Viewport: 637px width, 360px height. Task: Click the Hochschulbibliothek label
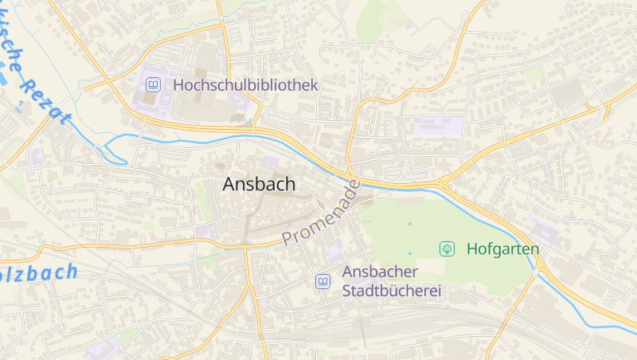click(x=245, y=84)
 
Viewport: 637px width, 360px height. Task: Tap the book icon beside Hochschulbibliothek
click(x=152, y=84)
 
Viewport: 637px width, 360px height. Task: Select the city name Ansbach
click(x=259, y=184)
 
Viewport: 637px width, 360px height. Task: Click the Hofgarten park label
click(x=502, y=248)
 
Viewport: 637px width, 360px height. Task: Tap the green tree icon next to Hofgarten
click(x=447, y=248)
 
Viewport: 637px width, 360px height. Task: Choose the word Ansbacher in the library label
click(x=381, y=272)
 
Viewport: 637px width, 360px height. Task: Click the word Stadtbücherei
click(x=391, y=291)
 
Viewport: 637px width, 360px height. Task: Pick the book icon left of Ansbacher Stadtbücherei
click(x=322, y=281)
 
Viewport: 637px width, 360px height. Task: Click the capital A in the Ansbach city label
click(x=230, y=184)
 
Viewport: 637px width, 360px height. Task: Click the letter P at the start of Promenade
click(x=288, y=238)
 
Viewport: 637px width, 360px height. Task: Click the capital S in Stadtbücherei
click(x=347, y=291)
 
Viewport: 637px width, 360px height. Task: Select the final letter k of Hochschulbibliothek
click(x=314, y=84)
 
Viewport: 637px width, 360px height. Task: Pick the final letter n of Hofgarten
click(x=535, y=249)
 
